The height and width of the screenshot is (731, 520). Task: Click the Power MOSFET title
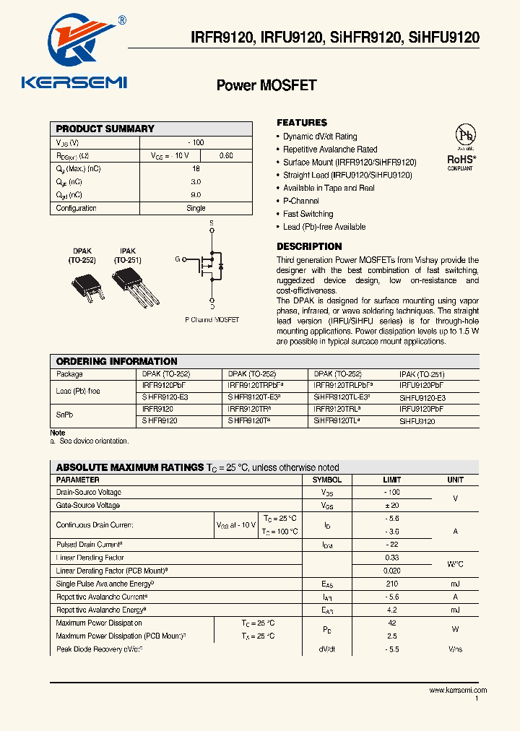click(266, 85)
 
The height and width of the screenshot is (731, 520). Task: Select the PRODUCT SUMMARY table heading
click(105, 129)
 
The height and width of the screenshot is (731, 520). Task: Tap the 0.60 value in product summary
click(225, 155)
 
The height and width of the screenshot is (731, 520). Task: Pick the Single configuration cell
click(196, 208)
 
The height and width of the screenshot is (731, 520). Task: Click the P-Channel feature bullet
click(300, 201)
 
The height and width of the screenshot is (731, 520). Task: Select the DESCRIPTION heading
click(309, 246)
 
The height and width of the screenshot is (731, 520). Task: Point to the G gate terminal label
click(177, 259)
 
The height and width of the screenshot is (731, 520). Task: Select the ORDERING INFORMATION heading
click(116, 361)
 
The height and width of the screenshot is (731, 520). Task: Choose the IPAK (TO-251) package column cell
click(422, 374)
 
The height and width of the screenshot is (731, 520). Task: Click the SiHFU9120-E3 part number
click(422, 398)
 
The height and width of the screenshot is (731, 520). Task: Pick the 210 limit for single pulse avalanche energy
click(393, 584)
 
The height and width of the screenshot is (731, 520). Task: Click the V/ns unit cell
click(455, 649)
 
